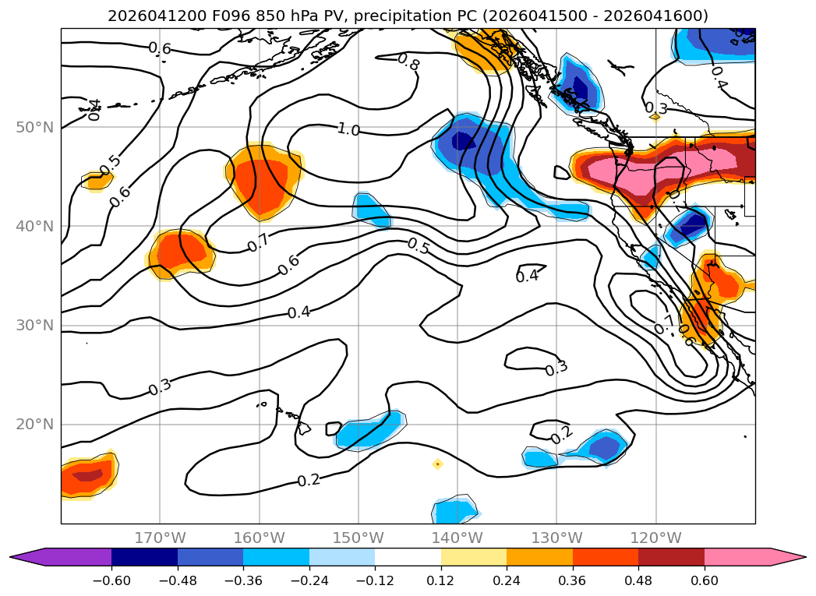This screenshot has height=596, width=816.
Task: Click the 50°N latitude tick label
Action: (35, 128)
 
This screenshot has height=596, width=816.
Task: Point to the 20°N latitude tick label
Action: (35, 425)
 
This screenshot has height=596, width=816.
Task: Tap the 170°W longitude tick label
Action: (160, 538)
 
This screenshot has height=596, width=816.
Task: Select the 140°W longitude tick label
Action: (457, 538)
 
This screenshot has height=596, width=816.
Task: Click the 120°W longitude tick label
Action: (655, 538)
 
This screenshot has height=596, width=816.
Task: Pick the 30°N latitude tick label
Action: (35, 326)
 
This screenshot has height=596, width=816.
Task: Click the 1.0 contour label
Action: (348, 129)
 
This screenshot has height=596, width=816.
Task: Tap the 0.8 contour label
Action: (408, 62)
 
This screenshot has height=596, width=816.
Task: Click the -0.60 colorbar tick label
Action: (111, 580)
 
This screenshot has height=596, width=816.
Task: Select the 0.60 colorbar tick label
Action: (704, 580)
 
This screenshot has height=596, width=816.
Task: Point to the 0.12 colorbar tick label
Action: (441, 580)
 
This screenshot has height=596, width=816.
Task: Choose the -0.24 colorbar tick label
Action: (309, 580)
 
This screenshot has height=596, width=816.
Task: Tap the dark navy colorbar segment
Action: (145, 557)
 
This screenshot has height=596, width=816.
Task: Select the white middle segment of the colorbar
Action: (408, 557)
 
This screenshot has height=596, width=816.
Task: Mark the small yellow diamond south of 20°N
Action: (438, 464)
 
